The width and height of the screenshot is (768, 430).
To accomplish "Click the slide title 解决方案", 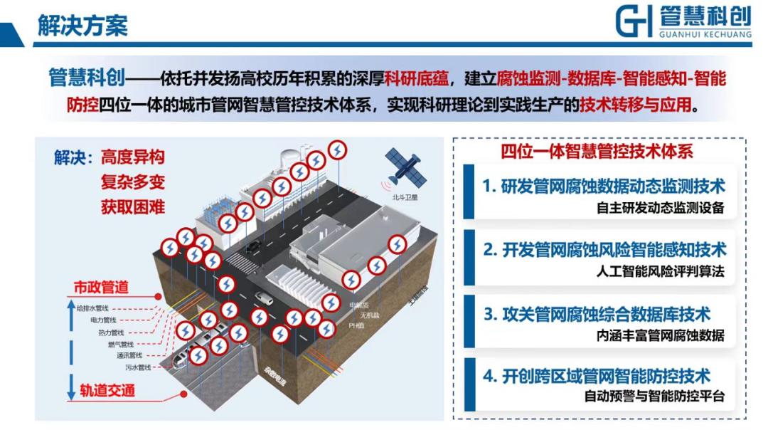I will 82,25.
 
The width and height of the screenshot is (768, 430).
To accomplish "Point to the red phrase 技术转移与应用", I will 635,105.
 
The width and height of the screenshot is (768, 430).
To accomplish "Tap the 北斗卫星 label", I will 406,199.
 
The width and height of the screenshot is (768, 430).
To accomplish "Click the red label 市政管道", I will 102,288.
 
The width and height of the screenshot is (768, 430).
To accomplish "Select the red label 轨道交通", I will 107,390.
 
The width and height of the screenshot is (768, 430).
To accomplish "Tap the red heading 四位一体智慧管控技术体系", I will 597,151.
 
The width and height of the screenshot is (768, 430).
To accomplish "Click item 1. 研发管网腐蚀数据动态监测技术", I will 604,187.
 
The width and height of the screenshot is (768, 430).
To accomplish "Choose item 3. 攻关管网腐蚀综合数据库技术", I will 597,313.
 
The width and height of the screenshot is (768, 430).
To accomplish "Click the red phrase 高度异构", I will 132,157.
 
